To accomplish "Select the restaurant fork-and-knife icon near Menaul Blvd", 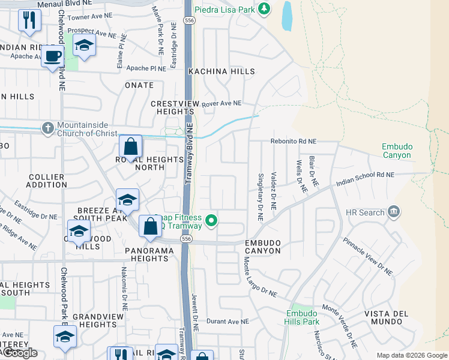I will point(29,20).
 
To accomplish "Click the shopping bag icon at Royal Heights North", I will point(130,146).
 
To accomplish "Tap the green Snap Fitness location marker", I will point(211,221).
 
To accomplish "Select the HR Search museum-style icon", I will point(394,212).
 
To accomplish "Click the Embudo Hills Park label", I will point(303,317).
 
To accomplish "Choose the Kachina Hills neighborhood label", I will point(213,71).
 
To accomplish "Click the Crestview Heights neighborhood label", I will point(172,108).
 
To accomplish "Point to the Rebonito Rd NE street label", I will point(293,142).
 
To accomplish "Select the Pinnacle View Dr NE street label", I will point(368,256).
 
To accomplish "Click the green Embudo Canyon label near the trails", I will point(397,151).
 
